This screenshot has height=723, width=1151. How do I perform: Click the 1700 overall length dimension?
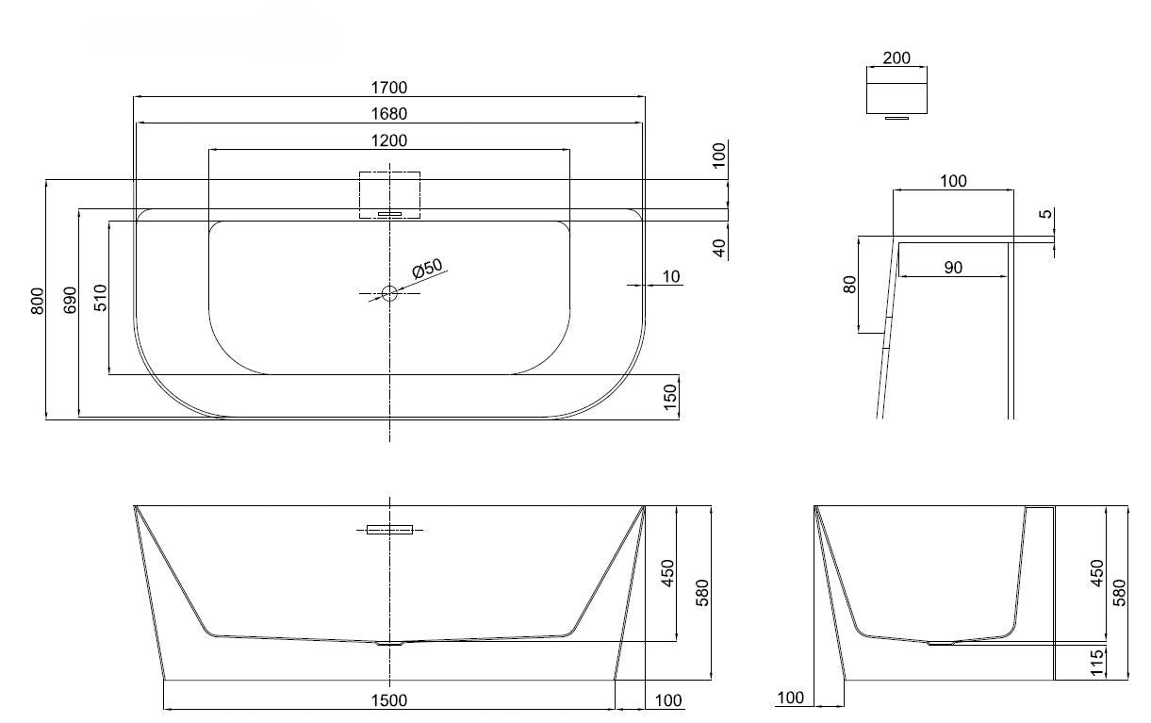tap(389, 88)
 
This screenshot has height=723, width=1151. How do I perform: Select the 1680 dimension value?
tap(389, 114)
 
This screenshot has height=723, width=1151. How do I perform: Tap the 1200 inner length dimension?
tap(389, 140)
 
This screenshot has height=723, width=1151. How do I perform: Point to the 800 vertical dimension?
tap(38, 301)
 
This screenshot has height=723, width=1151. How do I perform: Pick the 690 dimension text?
tap(70, 300)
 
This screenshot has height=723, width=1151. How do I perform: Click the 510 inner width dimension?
tap(101, 298)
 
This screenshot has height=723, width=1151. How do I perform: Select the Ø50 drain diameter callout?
tap(428, 269)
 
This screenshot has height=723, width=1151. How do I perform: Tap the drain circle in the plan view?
tap(389, 293)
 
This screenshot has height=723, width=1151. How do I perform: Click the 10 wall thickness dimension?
tap(671, 276)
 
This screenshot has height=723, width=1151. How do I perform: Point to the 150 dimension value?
tap(670, 398)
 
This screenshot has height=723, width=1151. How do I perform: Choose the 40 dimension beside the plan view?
tap(720, 248)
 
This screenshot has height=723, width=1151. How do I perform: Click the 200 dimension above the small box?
tap(896, 58)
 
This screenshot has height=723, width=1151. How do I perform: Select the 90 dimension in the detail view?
tap(953, 268)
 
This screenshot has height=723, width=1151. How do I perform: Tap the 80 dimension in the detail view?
tap(850, 284)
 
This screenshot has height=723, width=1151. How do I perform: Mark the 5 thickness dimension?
tap(1046, 213)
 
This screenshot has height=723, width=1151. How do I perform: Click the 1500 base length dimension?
tap(389, 700)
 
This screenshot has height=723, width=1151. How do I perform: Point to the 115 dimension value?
tap(1096, 663)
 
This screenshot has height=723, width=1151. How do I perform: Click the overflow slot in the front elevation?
tap(389, 530)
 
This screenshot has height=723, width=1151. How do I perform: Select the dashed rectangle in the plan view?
tap(389, 195)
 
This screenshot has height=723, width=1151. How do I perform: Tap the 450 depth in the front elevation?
tap(667, 573)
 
